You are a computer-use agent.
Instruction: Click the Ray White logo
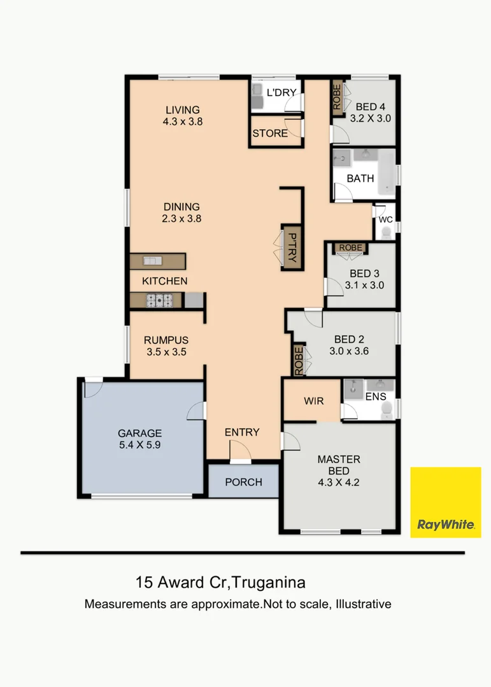[445, 502]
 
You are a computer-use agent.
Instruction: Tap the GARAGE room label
[139, 433]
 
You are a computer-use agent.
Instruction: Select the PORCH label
[243, 482]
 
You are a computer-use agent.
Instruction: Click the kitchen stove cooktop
[159, 300]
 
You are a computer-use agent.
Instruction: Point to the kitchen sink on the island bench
[153, 261]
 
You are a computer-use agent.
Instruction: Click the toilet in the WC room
[386, 233]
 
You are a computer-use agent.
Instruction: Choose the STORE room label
[270, 133]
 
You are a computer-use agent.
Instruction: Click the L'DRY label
[281, 92]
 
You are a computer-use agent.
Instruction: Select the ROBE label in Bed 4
[337, 97]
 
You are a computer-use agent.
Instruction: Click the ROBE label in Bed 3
[351, 248]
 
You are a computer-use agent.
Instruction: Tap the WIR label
[314, 401]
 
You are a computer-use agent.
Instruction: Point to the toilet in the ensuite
[387, 411]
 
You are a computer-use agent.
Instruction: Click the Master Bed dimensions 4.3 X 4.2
[339, 482]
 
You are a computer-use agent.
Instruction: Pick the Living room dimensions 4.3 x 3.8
[183, 121]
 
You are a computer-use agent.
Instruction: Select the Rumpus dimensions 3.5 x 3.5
[166, 352]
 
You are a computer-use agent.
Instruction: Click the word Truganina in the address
[268, 583]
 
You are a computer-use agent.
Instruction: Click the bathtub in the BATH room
[387, 172]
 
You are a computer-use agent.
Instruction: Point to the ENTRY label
[242, 433]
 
